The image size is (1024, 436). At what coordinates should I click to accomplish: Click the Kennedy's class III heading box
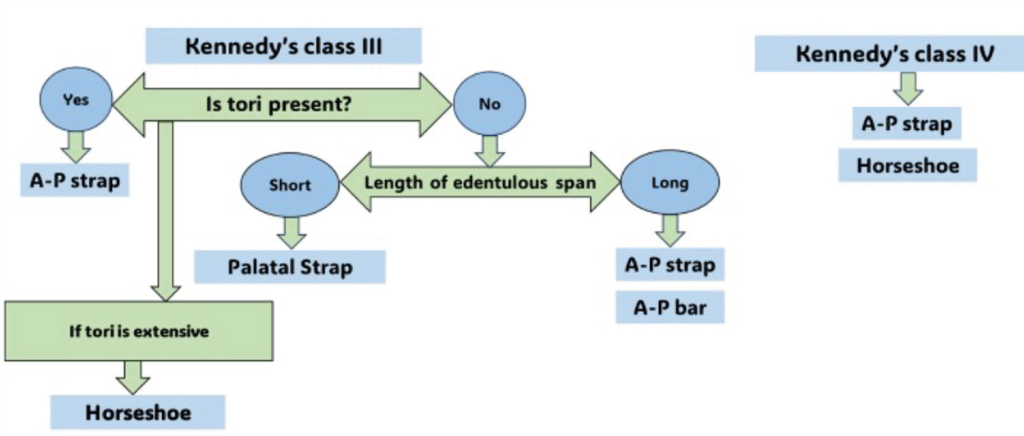point(284,46)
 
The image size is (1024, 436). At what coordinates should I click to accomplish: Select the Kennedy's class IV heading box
point(889,54)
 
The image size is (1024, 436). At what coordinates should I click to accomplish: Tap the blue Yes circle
point(76,99)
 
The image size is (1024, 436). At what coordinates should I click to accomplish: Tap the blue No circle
point(489,104)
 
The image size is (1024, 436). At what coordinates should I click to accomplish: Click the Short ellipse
point(290,184)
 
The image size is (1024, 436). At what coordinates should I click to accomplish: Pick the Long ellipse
point(670,182)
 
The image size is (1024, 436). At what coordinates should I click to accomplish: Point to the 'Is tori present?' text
point(279,104)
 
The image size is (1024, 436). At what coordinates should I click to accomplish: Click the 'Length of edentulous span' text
point(480,182)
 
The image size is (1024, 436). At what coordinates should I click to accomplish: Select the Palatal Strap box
point(290,267)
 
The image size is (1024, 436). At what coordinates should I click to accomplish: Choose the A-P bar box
point(670,307)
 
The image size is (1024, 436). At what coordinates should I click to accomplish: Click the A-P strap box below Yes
point(75,180)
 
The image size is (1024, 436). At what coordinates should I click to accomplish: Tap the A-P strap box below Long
point(670,264)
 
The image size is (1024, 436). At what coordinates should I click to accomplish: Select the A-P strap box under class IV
point(907,124)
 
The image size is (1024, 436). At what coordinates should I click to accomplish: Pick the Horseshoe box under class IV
point(908,165)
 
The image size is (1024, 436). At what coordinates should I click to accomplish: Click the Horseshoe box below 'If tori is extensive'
point(138,412)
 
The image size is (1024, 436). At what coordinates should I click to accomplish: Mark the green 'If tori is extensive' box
point(139,331)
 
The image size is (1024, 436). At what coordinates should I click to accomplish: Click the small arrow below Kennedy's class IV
point(908,89)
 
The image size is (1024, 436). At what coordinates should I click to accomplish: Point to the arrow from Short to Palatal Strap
point(292,232)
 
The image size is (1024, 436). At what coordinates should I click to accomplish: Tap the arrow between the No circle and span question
point(489,152)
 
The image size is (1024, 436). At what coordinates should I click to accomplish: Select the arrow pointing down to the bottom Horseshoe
point(133,377)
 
